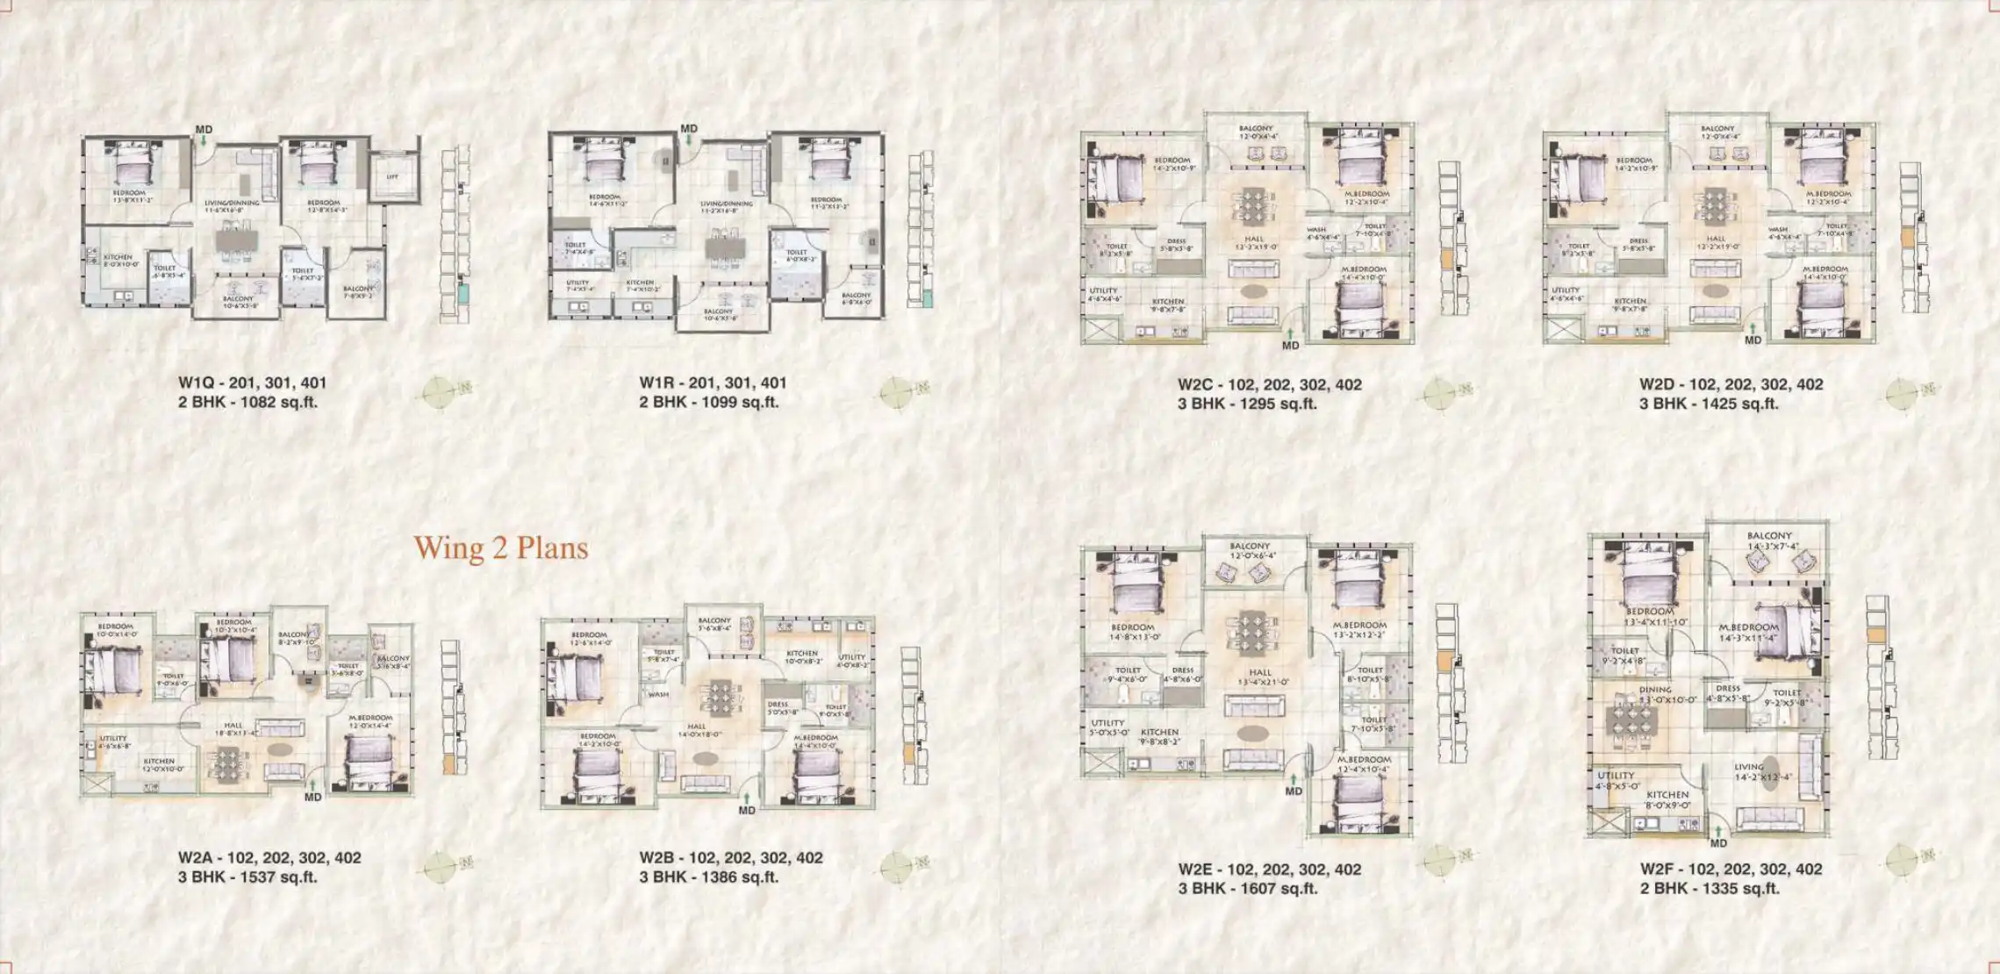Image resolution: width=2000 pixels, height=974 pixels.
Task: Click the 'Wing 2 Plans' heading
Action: pyautogui.click(x=500, y=548)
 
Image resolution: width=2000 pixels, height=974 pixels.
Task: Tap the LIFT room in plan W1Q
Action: pyautogui.click(x=392, y=177)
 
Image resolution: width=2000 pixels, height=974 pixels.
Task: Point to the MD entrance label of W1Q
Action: pyautogui.click(x=204, y=130)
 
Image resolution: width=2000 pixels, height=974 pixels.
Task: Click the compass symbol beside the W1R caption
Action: pyautogui.click(x=896, y=392)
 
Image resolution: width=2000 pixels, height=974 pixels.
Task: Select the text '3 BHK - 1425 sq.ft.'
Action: pyautogui.click(x=1709, y=404)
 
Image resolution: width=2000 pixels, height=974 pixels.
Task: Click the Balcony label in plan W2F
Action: pyautogui.click(x=1768, y=535)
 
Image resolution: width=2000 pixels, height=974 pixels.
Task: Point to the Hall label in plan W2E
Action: pyautogui.click(x=1260, y=673)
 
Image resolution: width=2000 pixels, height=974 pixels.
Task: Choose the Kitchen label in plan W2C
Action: pyautogui.click(x=1167, y=302)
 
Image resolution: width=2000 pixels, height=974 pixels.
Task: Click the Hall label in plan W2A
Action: pyautogui.click(x=233, y=726)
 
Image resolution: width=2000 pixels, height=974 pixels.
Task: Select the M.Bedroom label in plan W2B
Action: pyautogui.click(x=815, y=738)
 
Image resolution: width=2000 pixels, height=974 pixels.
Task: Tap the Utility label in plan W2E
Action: pyautogui.click(x=1108, y=723)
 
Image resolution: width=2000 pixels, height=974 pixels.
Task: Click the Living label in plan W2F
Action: pyautogui.click(x=1749, y=767)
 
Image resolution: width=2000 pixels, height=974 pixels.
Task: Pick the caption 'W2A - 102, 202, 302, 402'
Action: pyautogui.click(x=269, y=857)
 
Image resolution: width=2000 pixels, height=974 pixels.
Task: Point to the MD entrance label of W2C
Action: pyautogui.click(x=1290, y=346)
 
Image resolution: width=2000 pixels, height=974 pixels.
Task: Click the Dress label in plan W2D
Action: pyautogui.click(x=1638, y=240)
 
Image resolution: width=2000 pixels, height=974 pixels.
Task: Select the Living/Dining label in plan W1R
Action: pyautogui.click(x=727, y=204)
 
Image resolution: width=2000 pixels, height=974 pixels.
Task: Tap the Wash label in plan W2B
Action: pyautogui.click(x=658, y=694)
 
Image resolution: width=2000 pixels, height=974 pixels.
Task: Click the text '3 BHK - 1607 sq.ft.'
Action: pyautogui.click(x=1247, y=888)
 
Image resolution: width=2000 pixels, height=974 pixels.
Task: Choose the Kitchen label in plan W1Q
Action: pyautogui.click(x=118, y=258)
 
